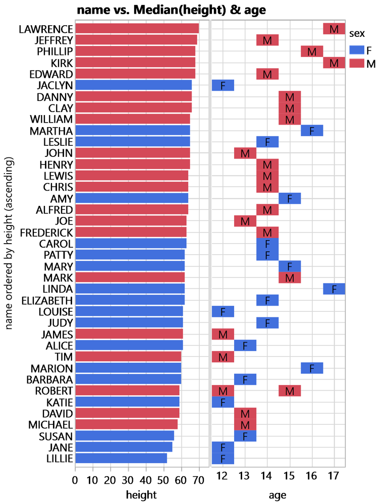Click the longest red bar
point(137,29)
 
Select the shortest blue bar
point(121,458)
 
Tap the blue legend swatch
point(357,50)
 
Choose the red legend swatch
point(357,63)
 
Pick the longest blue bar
point(133,85)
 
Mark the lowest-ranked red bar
point(126,424)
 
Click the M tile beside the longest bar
point(334,29)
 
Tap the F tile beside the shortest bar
point(223,458)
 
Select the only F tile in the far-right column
point(334,289)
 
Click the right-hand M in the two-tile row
point(290,390)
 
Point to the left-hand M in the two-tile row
point(223,390)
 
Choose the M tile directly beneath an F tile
point(290,277)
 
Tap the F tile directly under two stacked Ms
point(245,435)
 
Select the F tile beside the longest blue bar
point(223,85)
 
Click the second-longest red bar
point(136,40)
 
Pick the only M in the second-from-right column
point(312,51)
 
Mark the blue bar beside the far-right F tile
point(130,289)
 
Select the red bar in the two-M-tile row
point(127,390)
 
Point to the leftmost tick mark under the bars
point(75,470)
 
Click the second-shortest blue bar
point(124,447)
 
